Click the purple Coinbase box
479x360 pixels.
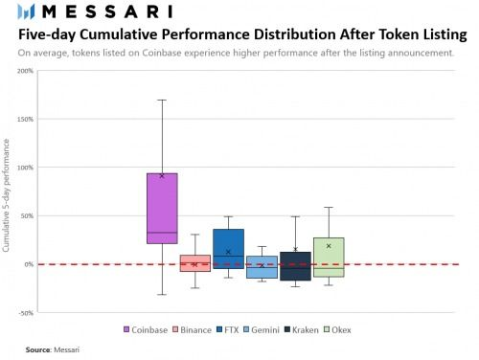coord(162,208)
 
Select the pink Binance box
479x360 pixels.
coord(194,263)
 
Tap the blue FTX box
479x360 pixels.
coord(228,248)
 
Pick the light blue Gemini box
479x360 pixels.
coord(262,267)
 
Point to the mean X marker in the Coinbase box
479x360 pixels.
coord(162,175)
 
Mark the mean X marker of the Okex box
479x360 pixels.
coord(329,246)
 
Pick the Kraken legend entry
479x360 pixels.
coord(302,329)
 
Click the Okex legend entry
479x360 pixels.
coord(337,329)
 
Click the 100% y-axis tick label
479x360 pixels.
coord(24,168)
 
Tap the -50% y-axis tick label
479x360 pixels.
coord(25,312)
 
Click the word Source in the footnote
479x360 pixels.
coord(37,350)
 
